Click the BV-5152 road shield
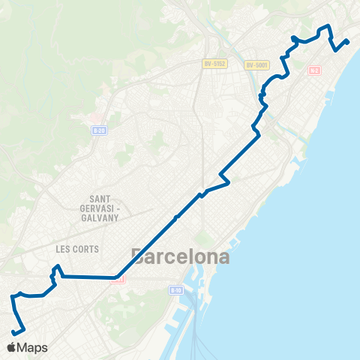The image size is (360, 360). click(x=214, y=64)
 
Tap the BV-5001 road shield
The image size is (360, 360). click(x=256, y=64)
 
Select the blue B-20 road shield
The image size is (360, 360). click(x=97, y=130)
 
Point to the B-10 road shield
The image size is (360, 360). click(x=175, y=290)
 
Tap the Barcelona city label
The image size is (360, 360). click(x=180, y=256)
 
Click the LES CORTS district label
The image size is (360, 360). click(x=77, y=248)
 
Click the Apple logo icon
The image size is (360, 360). click(x=13, y=347)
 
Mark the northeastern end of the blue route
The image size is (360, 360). click(x=348, y=40)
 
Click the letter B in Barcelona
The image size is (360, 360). click(x=138, y=256)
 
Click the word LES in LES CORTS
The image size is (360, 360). click(x=62, y=248)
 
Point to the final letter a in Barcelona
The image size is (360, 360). click(x=223, y=257)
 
